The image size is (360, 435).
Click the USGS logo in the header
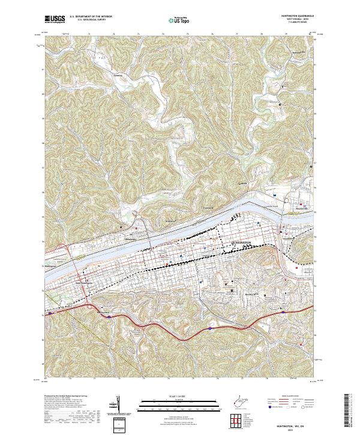coord(55,20)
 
